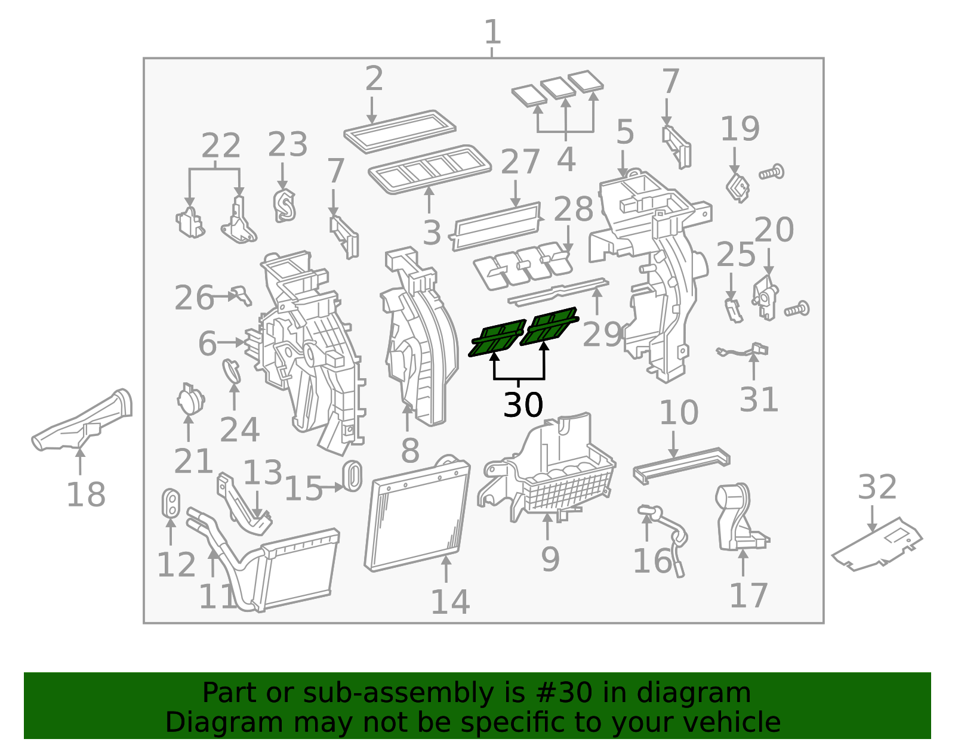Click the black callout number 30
[x=523, y=406]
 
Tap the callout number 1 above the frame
[x=492, y=32]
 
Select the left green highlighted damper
[x=497, y=338]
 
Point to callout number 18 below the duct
[x=86, y=494]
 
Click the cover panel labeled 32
[x=877, y=543]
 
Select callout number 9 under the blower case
[x=550, y=559]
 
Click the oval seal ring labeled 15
[x=352, y=475]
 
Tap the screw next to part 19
[x=772, y=172]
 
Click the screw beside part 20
[x=797, y=309]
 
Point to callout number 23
[x=287, y=145]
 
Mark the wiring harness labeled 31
[x=743, y=352]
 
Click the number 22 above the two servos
[x=221, y=146]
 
